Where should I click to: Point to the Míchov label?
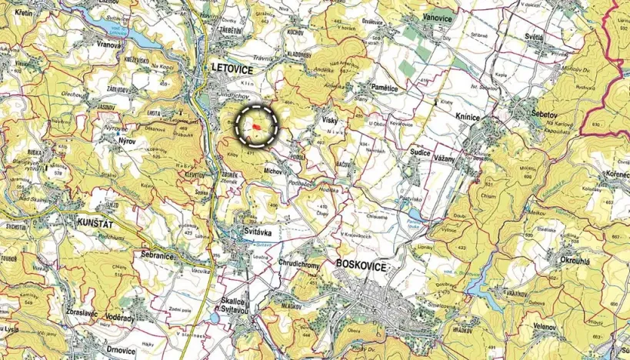coord(272,168)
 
